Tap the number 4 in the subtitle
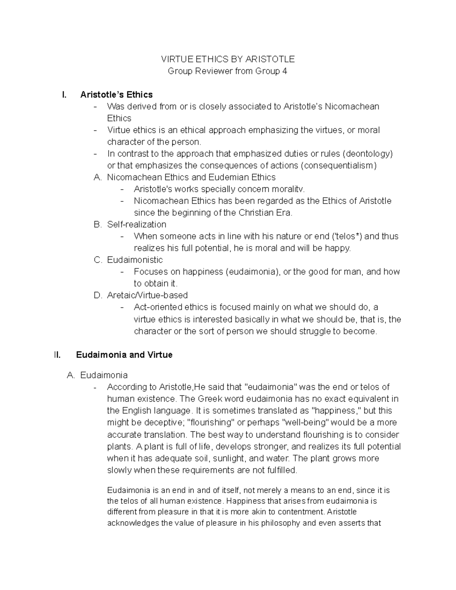[285, 71]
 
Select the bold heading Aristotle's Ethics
[116, 95]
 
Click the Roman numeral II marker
[57, 355]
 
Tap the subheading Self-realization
[137, 225]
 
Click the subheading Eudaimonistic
[135, 260]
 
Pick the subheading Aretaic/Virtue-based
[147, 295]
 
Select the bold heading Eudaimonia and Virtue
[124, 355]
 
